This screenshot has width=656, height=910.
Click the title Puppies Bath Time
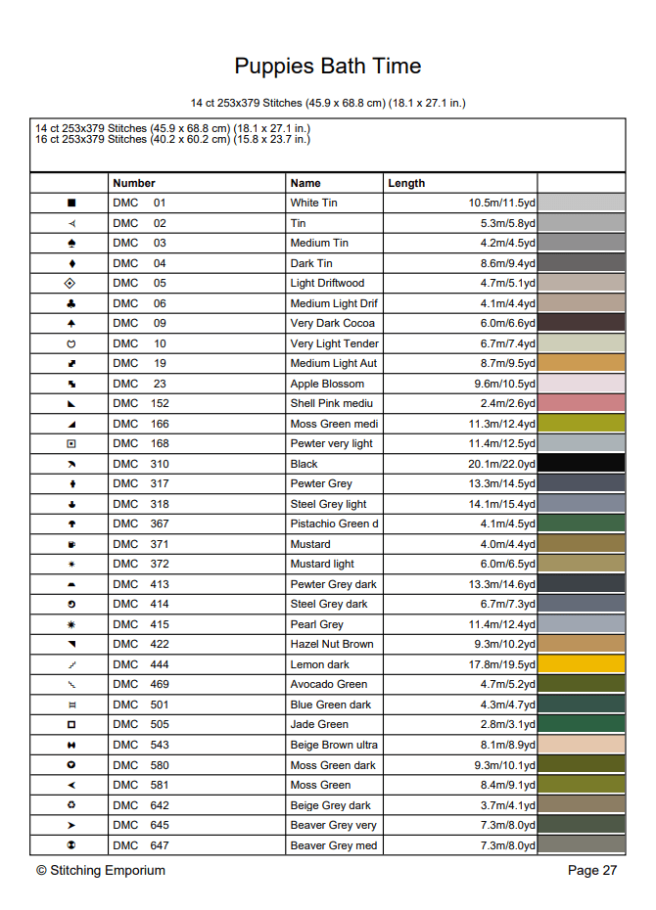[x=327, y=67]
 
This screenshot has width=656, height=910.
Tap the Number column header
[x=134, y=183]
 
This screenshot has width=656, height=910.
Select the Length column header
[x=406, y=183]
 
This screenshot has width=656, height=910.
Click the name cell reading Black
[x=305, y=464]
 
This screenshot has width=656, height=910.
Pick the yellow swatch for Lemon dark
[x=582, y=664]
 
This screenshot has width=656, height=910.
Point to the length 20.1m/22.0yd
[x=501, y=464]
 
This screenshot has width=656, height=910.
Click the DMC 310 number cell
[x=141, y=464]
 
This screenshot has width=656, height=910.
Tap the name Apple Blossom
[x=327, y=384]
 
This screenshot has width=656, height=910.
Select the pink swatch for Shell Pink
[x=582, y=403]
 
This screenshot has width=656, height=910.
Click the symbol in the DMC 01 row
[x=70, y=203]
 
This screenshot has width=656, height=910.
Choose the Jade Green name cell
[x=319, y=724]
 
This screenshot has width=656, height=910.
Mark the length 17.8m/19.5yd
[x=501, y=664]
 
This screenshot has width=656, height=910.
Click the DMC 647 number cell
[x=141, y=844]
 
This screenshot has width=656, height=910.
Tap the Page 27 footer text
[x=592, y=870]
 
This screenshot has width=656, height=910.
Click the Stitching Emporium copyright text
[x=101, y=870]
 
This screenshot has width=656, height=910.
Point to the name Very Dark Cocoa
[x=333, y=323]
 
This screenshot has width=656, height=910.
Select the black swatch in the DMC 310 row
[x=582, y=464]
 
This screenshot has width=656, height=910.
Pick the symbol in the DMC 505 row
[x=70, y=724]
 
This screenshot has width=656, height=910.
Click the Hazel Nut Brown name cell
[x=332, y=644]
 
